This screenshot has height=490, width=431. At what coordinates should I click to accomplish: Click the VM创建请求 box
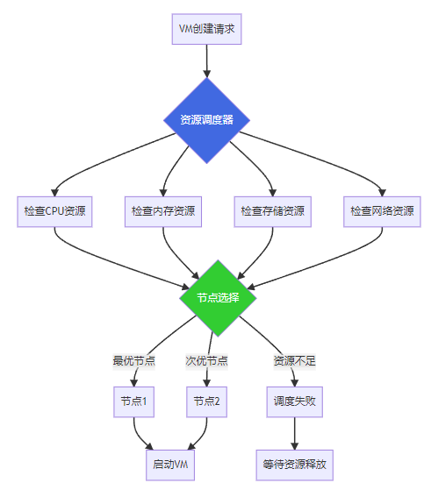coord(206,29)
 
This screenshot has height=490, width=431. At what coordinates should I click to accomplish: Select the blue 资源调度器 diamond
coord(206,120)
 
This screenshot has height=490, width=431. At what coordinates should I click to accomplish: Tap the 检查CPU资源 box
coord(54,211)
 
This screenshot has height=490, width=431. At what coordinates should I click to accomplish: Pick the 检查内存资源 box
coord(163,211)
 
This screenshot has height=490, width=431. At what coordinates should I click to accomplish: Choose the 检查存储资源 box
coord(273,211)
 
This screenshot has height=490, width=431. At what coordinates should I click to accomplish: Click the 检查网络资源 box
coord(382,211)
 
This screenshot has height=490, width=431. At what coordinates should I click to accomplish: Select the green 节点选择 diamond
coord(218,298)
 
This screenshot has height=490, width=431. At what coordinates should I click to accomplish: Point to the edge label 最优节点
coord(134,361)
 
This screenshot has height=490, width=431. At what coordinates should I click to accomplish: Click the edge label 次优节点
coord(206,361)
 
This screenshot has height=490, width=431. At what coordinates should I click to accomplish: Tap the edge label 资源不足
coord(295,361)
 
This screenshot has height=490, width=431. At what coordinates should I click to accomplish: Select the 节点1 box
coord(134,401)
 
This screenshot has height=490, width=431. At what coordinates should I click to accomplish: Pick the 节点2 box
coord(206,401)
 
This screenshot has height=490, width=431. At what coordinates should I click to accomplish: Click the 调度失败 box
coord(295,401)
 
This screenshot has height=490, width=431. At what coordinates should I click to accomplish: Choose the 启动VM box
coord(170,465)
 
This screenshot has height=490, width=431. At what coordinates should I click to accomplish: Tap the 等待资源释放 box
coord(295,465)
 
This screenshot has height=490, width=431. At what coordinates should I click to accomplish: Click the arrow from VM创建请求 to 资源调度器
coord(206,60)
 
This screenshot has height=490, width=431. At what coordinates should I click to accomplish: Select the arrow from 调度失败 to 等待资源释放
coord(295,433)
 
